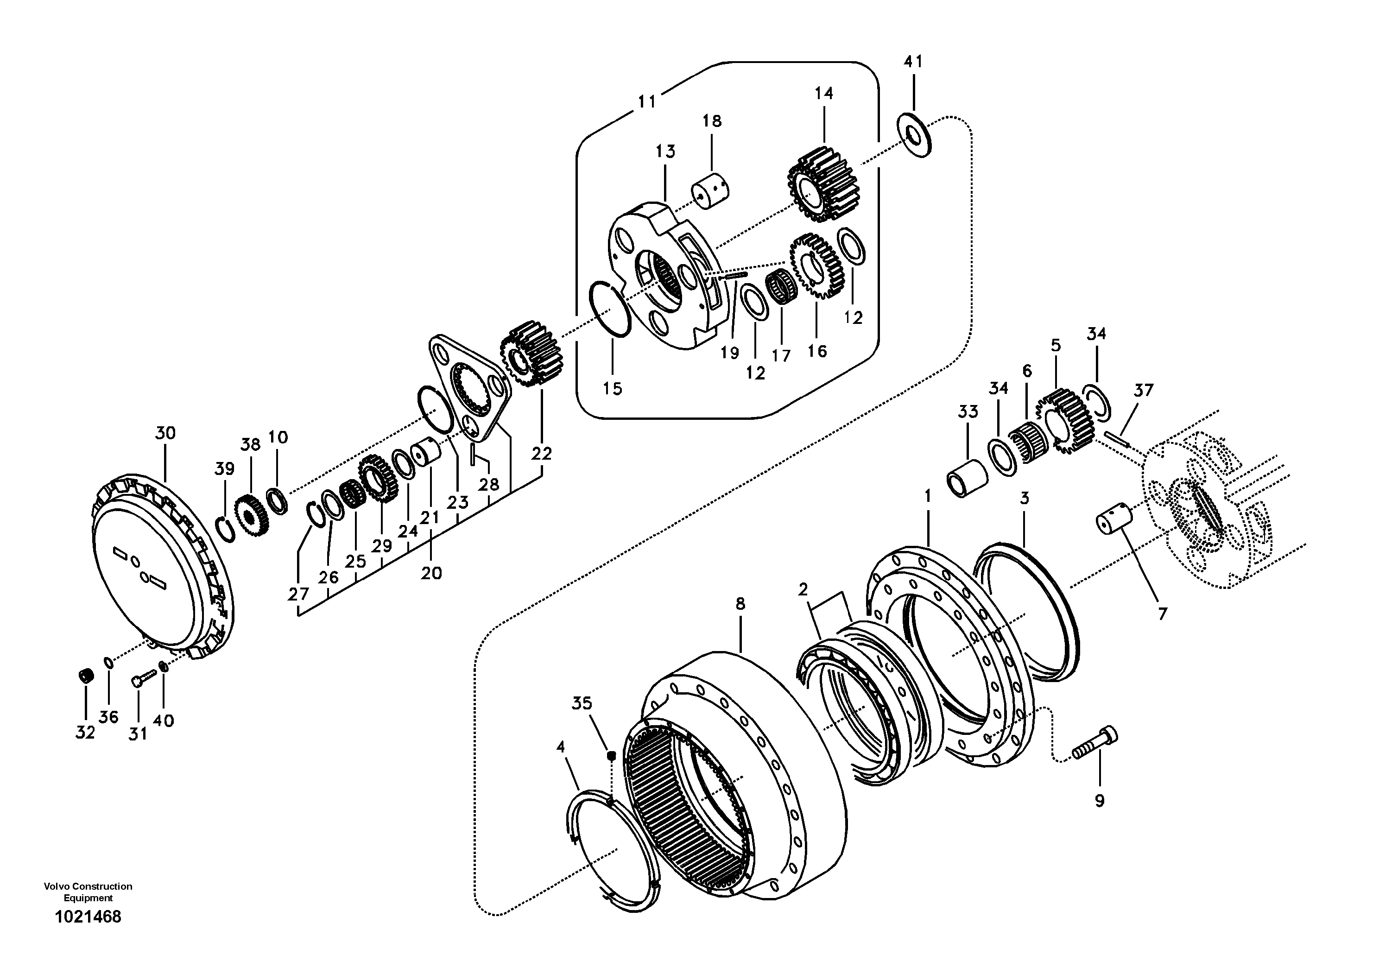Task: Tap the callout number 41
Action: point(913,62)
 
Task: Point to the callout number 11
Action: point(646,102)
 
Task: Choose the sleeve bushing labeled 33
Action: point(967,479)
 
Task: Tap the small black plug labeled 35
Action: point(611,755)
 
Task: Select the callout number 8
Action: point(740,605)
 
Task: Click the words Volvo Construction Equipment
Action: point(88,892)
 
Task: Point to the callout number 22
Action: point(541,454)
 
